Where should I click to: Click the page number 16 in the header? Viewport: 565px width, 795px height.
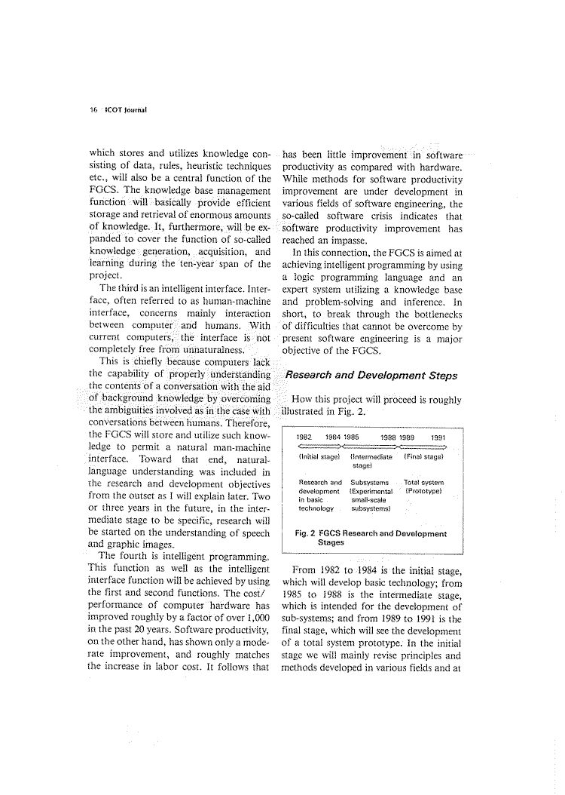93,108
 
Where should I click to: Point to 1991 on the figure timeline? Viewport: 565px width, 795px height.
438,436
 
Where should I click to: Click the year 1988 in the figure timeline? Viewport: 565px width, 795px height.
389,436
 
